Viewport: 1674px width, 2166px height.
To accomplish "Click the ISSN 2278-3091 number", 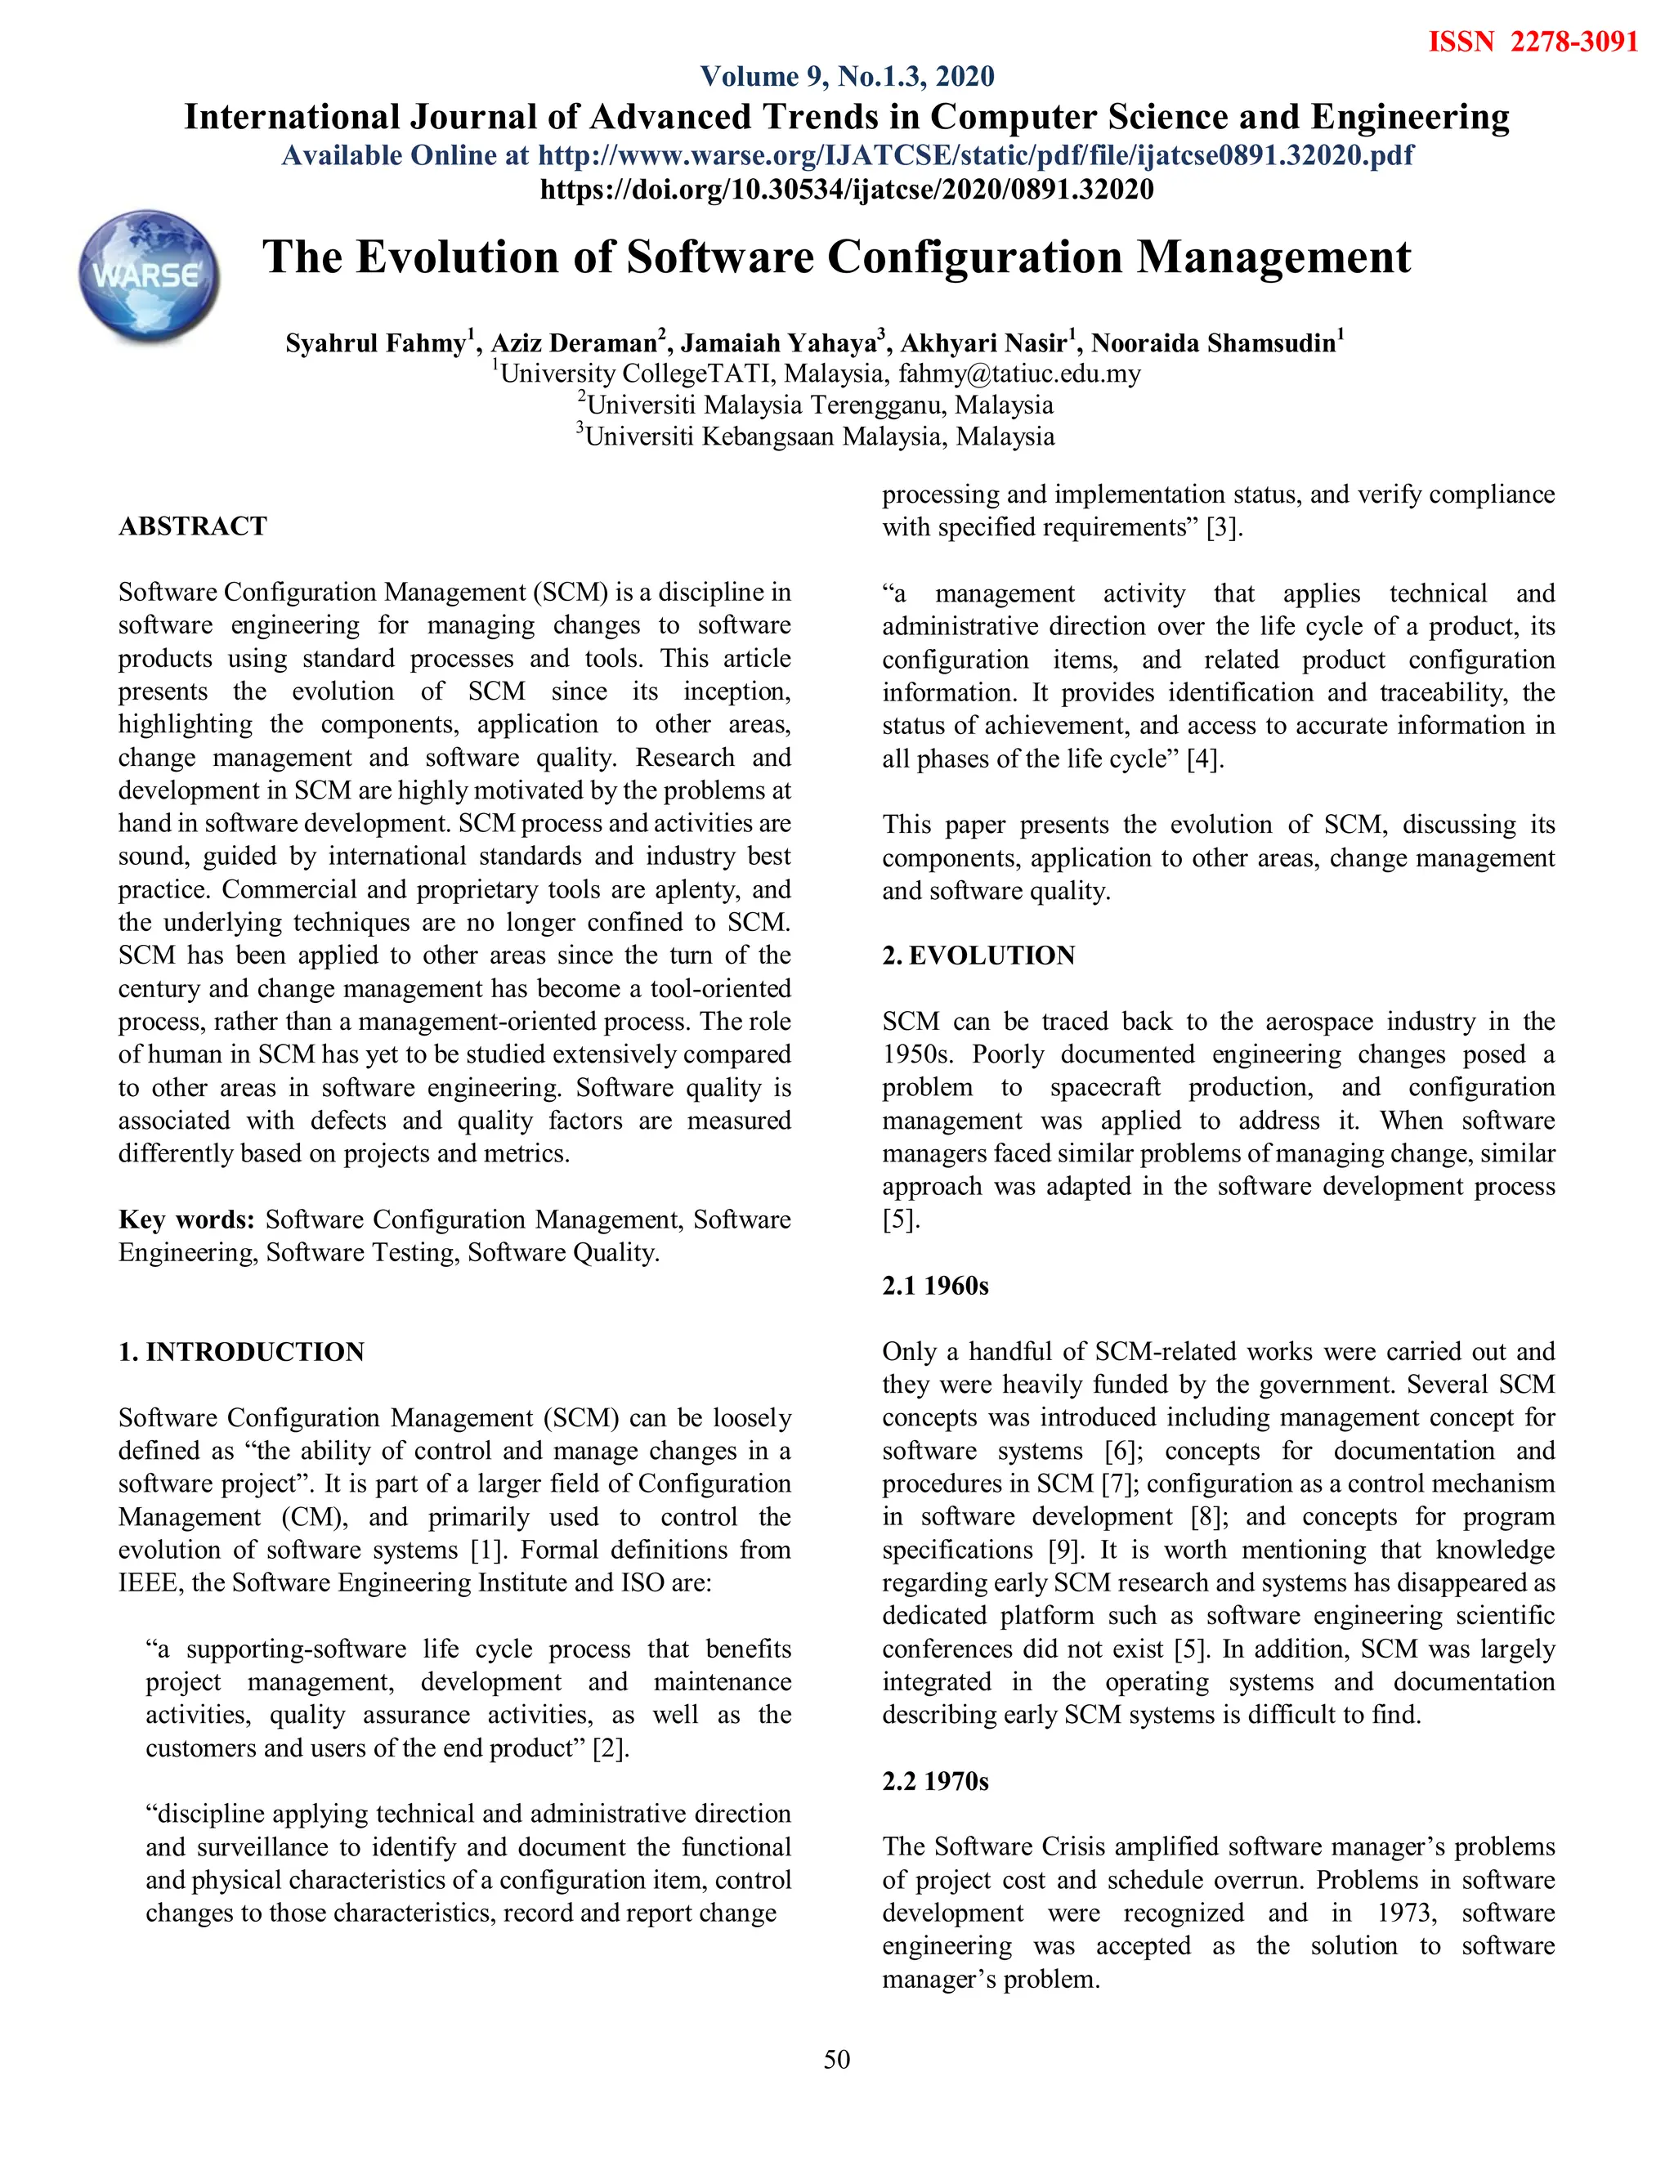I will point(1533,42).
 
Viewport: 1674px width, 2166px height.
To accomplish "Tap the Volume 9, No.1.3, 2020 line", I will point(847,76).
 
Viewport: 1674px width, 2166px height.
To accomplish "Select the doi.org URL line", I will point(847,189).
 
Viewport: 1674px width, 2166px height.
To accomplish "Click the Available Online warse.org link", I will point(847,155).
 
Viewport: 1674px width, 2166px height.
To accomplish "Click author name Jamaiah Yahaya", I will point(777,343).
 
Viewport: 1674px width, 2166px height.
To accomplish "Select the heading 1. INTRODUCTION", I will point(241,1352).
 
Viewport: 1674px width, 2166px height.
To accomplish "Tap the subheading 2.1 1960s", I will point(935,1286).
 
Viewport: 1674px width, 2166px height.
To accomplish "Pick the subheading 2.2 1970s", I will point(935,1781).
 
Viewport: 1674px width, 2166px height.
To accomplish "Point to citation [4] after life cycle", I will point(1205,759).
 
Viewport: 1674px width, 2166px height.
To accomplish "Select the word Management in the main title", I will point(1273,257).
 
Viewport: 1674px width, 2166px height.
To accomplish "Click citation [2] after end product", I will point(610,1748).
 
